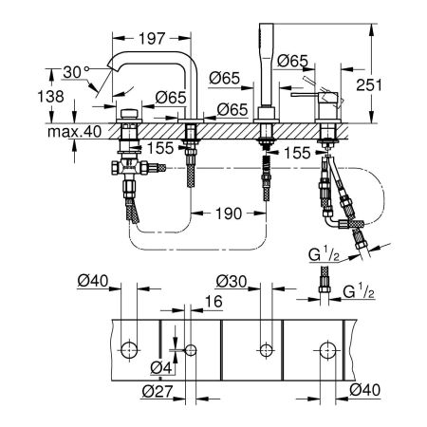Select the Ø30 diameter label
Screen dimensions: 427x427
click(232, 281)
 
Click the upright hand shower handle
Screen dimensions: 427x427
click(263, 66)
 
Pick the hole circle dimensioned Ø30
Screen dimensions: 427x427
click(263, 350)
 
